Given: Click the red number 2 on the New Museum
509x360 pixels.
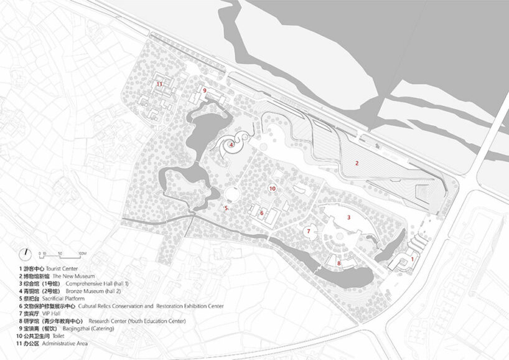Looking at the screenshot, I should point(357,163).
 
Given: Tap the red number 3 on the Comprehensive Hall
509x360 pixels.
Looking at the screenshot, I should point(349,217).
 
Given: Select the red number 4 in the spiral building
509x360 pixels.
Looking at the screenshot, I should point(231,144).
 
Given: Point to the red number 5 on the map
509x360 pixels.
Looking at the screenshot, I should point(226,208).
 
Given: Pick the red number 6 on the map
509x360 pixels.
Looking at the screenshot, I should point(262,213).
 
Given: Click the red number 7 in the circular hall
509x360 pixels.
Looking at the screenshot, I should point(308,231).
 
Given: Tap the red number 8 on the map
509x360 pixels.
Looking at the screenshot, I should point(339,263).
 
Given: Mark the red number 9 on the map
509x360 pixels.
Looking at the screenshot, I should point(204,90).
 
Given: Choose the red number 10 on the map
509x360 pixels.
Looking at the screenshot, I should point(272,187).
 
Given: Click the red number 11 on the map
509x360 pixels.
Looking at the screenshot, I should point(159,83).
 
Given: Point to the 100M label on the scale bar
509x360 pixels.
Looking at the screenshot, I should point(82,254).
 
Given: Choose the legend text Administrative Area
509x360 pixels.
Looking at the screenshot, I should point(66,344).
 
